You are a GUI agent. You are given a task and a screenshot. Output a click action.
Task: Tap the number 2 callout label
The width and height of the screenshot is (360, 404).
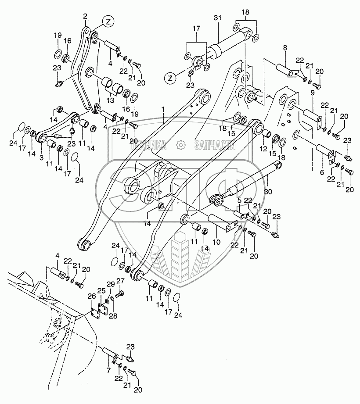(85, 16)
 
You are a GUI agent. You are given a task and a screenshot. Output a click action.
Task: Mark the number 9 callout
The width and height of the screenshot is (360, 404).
(313, 93)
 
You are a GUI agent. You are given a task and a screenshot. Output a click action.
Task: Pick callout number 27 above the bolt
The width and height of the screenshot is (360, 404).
(120, 281)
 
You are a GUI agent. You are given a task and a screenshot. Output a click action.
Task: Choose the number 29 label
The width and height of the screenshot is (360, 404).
(111, 285)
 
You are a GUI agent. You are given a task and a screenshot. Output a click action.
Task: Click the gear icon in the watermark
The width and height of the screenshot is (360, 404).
(180, 144)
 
